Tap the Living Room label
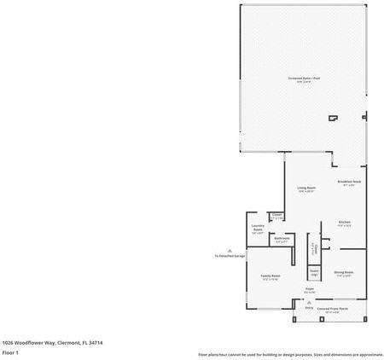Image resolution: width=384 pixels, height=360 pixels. (x=306, y=189)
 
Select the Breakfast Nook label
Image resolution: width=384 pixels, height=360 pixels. (x=350, y=183)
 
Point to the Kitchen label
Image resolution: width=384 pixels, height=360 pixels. (x=345, y=224)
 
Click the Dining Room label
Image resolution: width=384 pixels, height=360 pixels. (x=344, y=274)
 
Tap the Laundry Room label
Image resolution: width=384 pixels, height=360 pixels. (x=258, y=229)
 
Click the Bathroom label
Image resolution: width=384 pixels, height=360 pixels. (x=282, y=239)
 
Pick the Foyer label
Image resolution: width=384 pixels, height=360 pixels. (x=310, y=288)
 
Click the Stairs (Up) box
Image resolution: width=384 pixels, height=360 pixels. (x=314, y=273)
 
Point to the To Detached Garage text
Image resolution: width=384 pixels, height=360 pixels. (x=230, y=255)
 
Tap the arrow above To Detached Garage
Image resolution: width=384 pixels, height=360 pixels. (x=230, y=249)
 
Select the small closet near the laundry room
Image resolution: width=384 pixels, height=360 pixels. (x=276, y=217)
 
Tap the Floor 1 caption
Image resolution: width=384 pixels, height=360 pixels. (x=10, y=351)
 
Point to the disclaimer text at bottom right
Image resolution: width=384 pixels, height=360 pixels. (x=290, y=354)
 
